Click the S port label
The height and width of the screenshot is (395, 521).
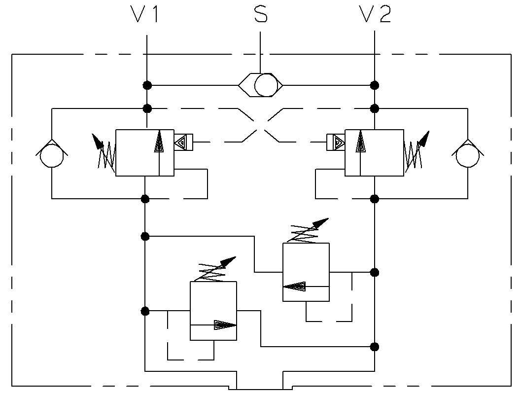(261, 15)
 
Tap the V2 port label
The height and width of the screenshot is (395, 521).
(375, 15)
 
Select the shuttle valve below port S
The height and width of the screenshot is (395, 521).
(261, 85)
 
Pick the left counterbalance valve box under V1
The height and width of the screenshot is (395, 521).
(144, 152)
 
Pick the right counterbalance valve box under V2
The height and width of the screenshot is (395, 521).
(374, 152)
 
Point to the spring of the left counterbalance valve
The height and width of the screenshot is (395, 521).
(105, 155)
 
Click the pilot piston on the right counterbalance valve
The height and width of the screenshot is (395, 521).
(336, 143)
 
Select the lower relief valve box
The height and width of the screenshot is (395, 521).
(213, 311)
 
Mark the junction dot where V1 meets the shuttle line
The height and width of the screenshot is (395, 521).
(147, 85)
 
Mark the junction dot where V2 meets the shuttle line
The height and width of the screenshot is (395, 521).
(375, 85)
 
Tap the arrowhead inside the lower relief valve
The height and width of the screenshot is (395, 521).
(224, 325)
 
